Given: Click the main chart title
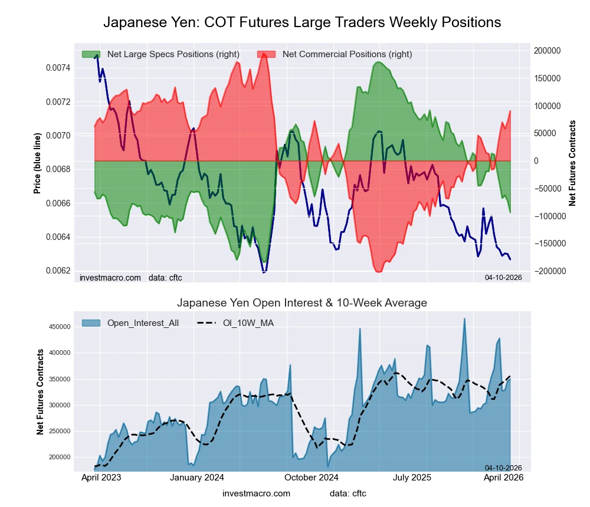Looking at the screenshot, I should click(302, 22).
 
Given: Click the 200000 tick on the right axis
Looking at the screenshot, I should click(547, 51).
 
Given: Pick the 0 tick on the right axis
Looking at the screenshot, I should click(537, 161).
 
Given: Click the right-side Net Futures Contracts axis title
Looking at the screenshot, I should click(572, 163).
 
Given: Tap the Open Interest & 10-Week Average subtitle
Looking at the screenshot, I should click(302, 303).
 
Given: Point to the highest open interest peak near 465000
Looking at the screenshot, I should click(464, 319).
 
